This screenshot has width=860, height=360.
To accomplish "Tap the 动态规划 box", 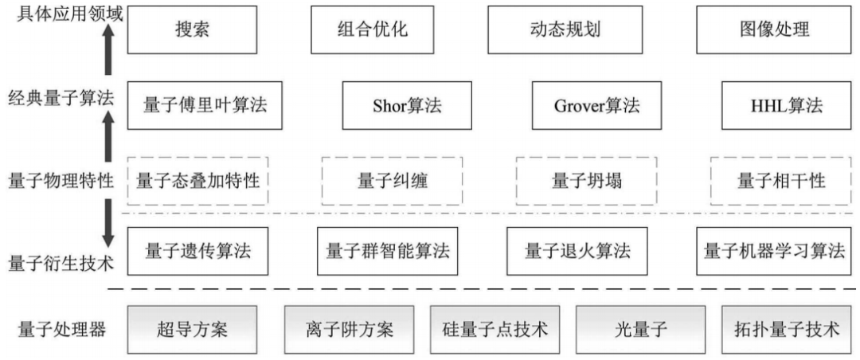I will (565, 30).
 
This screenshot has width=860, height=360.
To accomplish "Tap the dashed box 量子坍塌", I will (587, 180).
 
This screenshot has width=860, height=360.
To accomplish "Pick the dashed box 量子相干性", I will (781, 180).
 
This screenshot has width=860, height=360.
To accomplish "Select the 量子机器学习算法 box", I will (774, 251).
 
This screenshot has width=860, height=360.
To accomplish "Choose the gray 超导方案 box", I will (191, 329).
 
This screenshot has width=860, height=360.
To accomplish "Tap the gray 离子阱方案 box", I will (349, 329).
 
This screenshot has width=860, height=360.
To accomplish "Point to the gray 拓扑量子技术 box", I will (787, 329).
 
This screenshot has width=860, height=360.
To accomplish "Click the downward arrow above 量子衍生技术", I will (109, 219).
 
